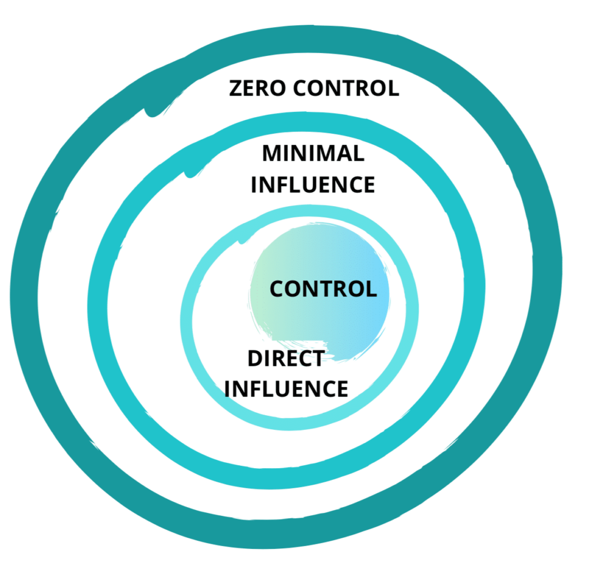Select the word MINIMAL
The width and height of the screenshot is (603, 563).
(x=313, y=154)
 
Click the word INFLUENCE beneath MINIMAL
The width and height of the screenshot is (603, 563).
(x=313, y=184)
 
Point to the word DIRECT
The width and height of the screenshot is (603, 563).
(x=286, y=358)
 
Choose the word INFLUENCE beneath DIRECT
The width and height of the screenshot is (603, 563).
(x=286, y=389)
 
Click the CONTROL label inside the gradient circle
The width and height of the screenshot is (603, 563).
(x=323, y=289)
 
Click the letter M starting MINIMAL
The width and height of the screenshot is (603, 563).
(x=272, y=154)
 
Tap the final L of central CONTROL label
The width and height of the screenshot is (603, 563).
(x=371, y=289)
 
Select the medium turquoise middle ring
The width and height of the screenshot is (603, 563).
(x=98, y=306)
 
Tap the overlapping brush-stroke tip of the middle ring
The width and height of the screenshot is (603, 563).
(x=191, y=171)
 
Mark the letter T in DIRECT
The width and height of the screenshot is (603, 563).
(x=318, y=358)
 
